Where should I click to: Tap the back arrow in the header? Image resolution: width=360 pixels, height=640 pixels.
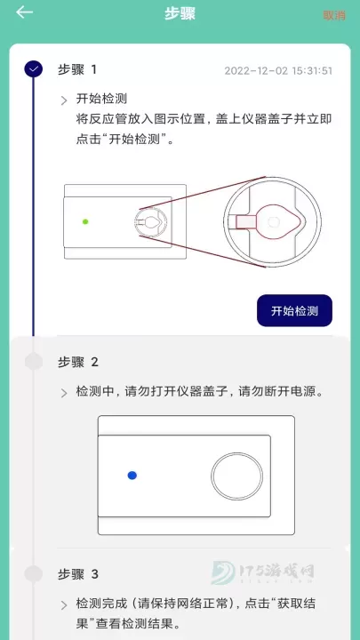pos(25,12)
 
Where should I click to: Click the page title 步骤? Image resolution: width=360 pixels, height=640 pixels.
pos(180,13)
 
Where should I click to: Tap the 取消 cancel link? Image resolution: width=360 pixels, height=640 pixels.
pos(334,15)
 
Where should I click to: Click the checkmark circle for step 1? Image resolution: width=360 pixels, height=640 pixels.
pos(34,68)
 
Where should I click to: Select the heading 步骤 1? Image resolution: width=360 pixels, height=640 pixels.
pos(77,69)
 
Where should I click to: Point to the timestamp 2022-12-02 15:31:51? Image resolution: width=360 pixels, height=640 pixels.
pos(278,70)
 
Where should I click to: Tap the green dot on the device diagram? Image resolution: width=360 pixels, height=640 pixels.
pos(85,221)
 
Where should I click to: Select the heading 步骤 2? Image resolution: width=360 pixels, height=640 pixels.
pos(77,362)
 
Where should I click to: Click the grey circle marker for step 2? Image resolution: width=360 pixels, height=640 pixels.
pos(34,361)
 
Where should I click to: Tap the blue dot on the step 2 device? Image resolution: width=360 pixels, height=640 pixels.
pos(132,476)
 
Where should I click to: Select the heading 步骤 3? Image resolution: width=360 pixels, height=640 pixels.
pos(77,574)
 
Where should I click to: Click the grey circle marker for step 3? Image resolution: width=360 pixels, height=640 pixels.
pos(34,573)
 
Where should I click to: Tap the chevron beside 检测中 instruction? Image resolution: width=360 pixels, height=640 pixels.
pos(64,393)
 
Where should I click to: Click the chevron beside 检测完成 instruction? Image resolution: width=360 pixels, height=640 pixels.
pos(64,605)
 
